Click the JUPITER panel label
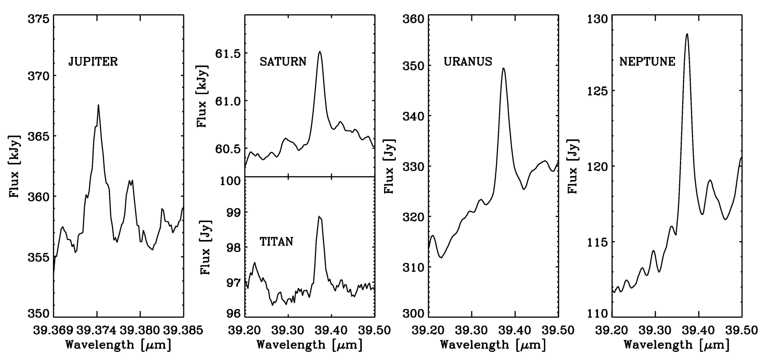[93, 61]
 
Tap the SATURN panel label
[283, 61]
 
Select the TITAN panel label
[276, 241]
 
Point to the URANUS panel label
[468, 61]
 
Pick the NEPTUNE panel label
[647, 61]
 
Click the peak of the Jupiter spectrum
[98, 105]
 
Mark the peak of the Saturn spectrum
[319, 52]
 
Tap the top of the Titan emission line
[319, 216]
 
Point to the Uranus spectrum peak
[503, 68]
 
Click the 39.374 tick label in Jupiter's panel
[97, 330]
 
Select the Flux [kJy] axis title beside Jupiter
[15, 166]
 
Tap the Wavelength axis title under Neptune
[676, 345]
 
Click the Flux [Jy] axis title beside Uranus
[389, 166]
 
